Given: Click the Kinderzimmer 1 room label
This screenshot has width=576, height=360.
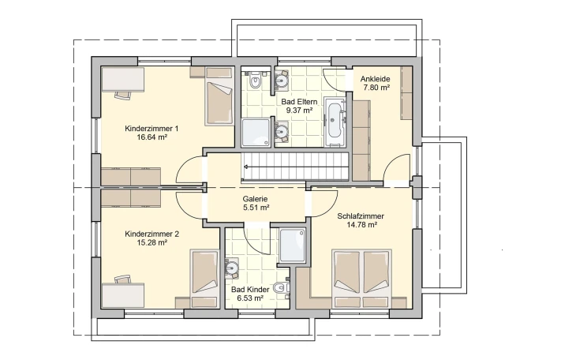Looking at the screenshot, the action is pos(151,129).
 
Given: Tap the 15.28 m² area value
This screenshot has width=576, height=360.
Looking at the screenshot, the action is pos(151,242).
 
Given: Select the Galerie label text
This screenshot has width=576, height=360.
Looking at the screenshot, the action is pos(255,199).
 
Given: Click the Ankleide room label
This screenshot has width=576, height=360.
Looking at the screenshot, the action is pos(375,79).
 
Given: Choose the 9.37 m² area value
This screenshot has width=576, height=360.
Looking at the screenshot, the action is pos(299,111).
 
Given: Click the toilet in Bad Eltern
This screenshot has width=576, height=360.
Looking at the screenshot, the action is pos(255,80).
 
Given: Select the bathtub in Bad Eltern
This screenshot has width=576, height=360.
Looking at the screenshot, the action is pos(335,120).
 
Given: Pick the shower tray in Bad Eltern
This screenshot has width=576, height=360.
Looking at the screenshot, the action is pos(256,133).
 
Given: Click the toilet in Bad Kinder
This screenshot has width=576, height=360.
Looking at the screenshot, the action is pos(282,287).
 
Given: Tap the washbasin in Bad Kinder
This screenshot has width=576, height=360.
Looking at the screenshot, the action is pos(231,267).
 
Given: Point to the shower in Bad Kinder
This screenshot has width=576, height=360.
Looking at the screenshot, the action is pos(292,246).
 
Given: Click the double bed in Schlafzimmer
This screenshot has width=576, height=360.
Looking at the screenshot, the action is pos(362,279).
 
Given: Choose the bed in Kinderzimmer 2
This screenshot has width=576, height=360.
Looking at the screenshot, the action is pos(204,279).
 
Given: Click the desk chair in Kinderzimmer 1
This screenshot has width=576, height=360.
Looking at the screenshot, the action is pos(122,95).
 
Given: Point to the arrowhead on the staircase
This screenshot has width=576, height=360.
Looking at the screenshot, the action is pos(245,167).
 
